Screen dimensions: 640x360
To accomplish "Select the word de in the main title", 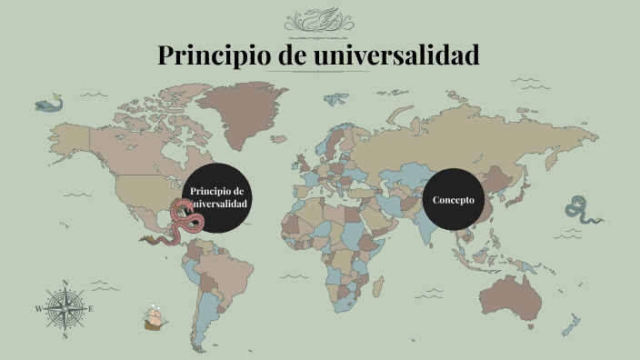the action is point(288,55).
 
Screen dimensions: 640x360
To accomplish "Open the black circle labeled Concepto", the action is point(454,199).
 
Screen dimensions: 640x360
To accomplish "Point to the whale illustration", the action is point(51,105).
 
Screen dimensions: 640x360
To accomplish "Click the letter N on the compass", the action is point(65,283).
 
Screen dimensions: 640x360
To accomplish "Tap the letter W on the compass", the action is point(38,309).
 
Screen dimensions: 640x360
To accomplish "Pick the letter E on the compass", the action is point(92,309).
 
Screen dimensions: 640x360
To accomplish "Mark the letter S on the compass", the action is point(65,335).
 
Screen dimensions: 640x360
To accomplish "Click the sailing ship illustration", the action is point(155,318).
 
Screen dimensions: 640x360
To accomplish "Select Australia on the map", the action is point(512,293).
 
